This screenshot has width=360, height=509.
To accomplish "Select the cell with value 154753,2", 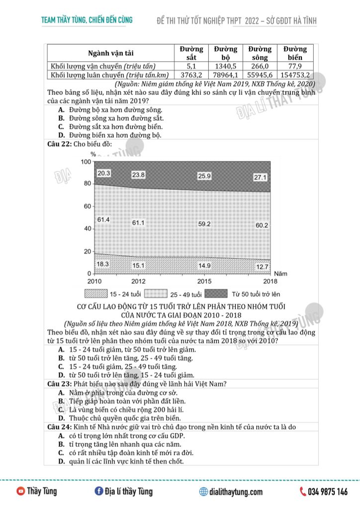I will point(295,75).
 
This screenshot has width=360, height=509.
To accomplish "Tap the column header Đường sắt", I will point(191,53).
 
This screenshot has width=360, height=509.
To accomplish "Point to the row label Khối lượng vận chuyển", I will point(103,66).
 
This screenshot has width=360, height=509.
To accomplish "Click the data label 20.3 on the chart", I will point(104,173).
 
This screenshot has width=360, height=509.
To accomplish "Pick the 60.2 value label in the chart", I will point(262,225).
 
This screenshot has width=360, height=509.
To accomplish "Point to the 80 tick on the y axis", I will point(87,184).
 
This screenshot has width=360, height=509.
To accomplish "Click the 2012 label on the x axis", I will point(138,281).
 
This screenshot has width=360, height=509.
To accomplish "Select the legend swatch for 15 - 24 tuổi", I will point(96,294).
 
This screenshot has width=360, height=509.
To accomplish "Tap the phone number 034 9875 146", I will point(328,492).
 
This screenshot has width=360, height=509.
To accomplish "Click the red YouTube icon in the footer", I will point(21,492).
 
